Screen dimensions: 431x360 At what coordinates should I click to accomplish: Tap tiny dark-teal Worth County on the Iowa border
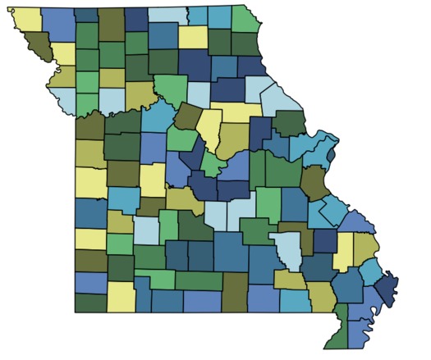[x=85, y=15]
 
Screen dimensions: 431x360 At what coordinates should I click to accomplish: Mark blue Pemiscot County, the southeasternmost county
[x=358, y=332]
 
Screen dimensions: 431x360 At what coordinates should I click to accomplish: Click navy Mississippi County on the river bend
[x=386, y=290]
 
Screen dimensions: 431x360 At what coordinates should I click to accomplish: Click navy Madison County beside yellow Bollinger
[x=325, y=241]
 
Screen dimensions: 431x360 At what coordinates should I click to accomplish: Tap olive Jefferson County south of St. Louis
[x=314, y=181]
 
